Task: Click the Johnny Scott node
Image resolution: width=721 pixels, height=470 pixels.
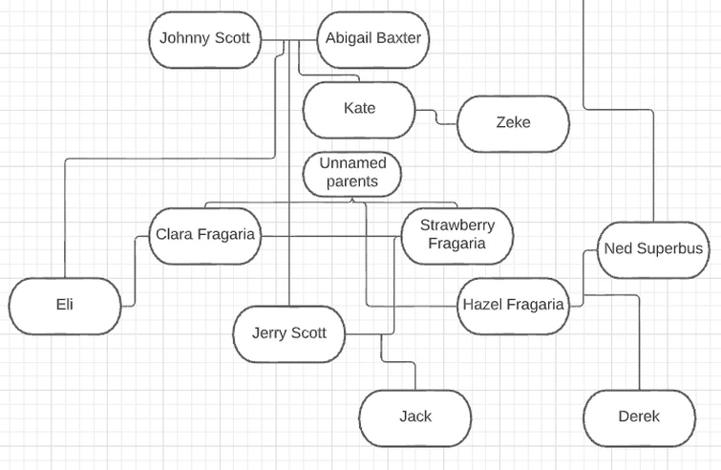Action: [x=204, y=39]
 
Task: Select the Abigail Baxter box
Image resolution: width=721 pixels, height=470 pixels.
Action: [x=372, y=39]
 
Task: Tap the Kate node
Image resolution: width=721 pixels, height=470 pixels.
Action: [x=359, y=109]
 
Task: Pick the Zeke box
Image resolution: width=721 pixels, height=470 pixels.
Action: [x=513, y=122]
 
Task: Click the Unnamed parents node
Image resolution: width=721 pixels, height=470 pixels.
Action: [x=351, y=173]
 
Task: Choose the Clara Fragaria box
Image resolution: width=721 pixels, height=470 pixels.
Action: [x=205, y=235]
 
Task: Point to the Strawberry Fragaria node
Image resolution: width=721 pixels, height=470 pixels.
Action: [x=456, y=235]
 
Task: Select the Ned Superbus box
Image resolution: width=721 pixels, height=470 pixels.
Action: [x=653, y=249]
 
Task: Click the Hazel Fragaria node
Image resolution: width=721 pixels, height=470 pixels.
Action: [x=514, y=306]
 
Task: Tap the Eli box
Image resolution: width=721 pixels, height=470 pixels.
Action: [x=65, y=306]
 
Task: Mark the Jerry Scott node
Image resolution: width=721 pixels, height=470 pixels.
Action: [x=288, y=333]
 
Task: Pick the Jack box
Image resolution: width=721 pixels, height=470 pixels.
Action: [x=414, y=417]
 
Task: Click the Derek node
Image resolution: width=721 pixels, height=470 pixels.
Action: [x=639, y=417]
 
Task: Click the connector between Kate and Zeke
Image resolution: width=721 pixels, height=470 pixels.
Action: [x=436, y=117]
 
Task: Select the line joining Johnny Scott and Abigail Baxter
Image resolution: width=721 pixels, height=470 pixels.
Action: [x=289, y=40]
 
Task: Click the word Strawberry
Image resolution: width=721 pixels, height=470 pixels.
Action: [x=457, y=225]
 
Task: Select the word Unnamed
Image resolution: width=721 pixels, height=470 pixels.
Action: [x=351, y=163]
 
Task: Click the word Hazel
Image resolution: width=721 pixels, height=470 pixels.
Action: [x=483, y=306]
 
